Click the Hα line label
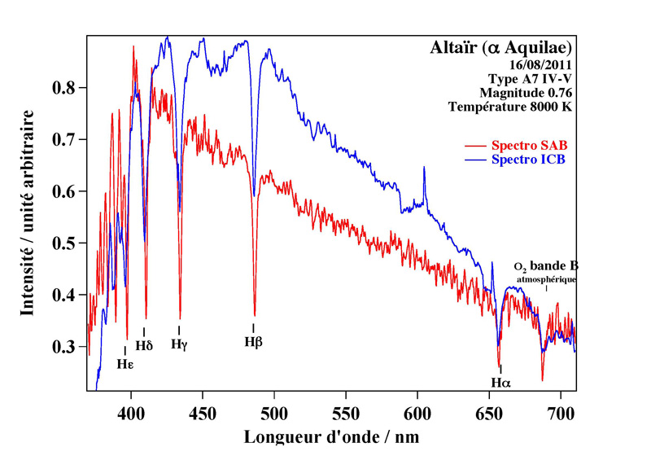500,382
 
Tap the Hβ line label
253,342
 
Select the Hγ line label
179,344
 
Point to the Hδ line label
144,345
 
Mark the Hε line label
125,364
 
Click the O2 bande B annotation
546,267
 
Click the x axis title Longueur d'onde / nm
331,437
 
